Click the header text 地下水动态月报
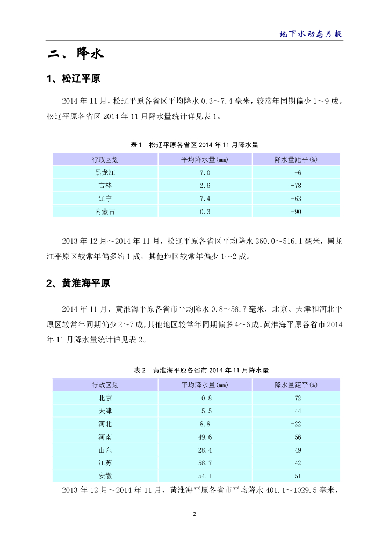pos(311,33)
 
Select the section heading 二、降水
pos(75,54)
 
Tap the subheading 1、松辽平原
pos(74,79)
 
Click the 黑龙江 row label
pos(105,172)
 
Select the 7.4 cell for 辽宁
pos(205,199)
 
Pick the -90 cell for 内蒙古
pos(296,211)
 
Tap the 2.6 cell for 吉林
pos(205,186)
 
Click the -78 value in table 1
pos(296,186)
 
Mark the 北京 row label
pos(105,398)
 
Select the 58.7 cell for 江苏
pos(205,463)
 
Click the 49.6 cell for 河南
pos(205,437)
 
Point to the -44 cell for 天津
pos(296,411)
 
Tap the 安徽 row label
pos(105,476)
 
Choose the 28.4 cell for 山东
pos(205,450)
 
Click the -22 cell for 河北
pos(296,424)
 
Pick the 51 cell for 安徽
pos(298,476)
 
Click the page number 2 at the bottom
pos(195,514)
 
